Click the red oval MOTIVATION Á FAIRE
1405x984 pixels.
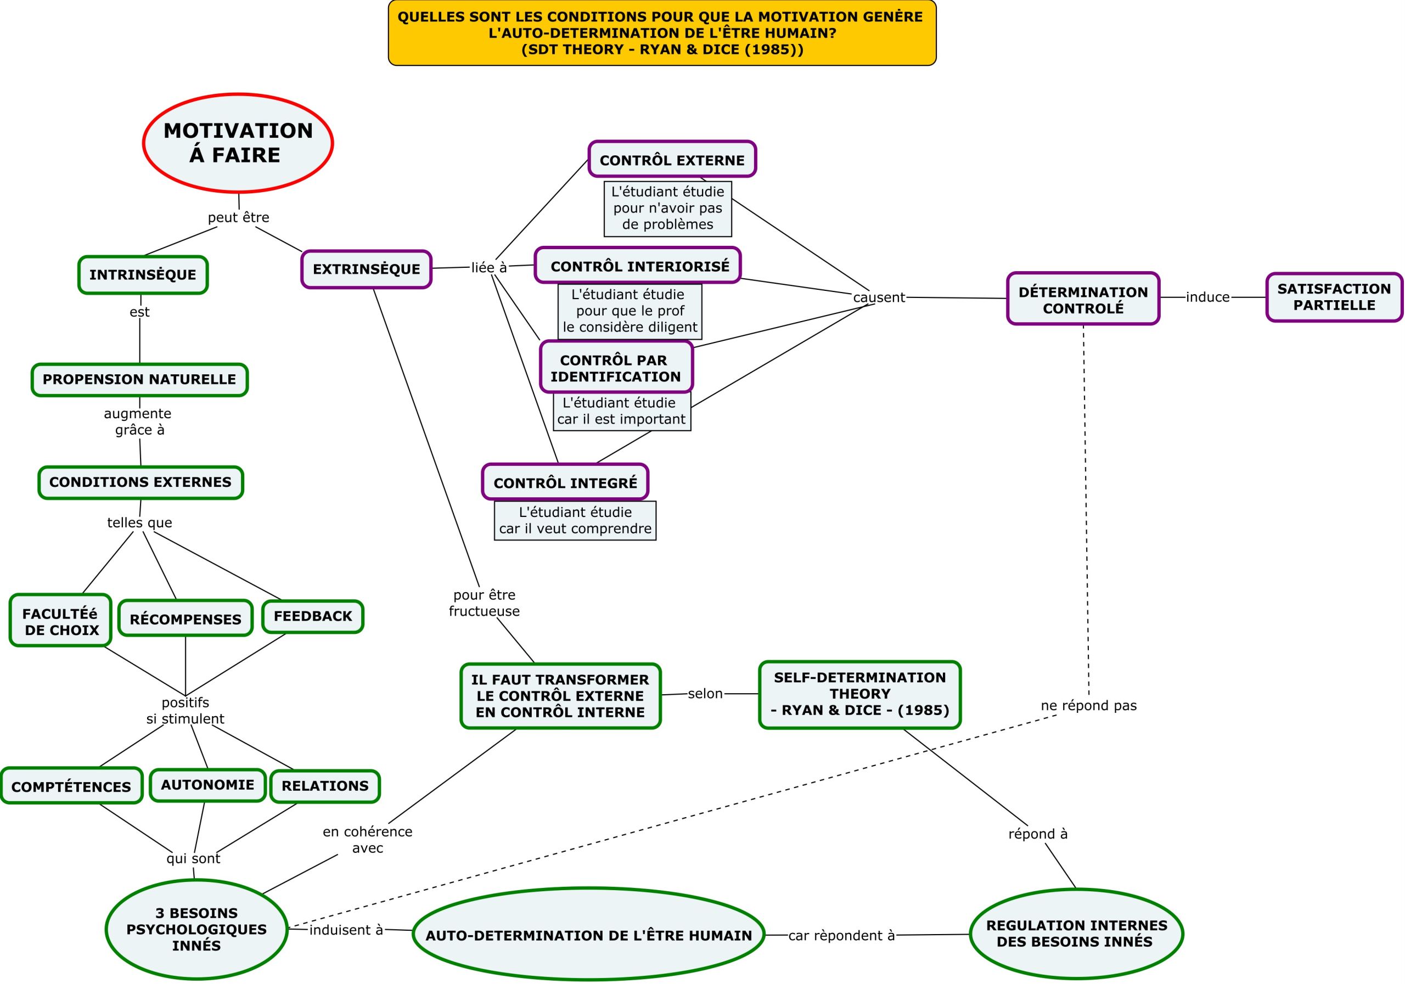point(238,143)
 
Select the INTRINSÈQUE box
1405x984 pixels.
point(143,275)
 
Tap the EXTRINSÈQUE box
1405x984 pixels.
point(367,269)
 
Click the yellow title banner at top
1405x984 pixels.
point(662,33)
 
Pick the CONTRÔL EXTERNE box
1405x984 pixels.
point(672,160)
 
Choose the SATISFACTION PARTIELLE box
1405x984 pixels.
point(1334,297)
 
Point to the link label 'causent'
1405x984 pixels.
point(879,297)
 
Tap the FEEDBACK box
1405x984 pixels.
point(313,616)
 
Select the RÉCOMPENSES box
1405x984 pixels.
point(186,618)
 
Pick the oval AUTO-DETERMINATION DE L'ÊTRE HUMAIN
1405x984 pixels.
point(589,935)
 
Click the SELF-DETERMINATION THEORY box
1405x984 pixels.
point(860,695)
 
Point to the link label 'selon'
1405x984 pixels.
point(705,694)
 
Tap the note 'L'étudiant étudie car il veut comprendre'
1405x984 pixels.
point(575,521)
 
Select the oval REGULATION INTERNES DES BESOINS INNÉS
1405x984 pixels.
point(1076,934)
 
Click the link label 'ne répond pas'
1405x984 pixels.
point(1089,706)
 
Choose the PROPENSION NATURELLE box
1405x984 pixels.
point(139,380)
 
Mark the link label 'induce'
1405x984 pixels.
point(1207,297)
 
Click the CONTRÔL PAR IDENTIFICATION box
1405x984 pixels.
point(616,368)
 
